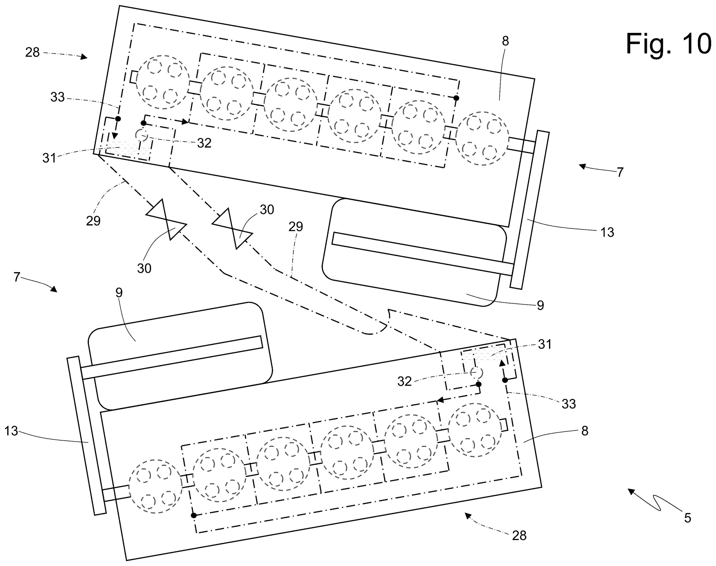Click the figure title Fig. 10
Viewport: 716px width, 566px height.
(x=668, y=44)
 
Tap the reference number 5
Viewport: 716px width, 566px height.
(x=688, y=518)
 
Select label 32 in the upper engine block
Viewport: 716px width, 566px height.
(x=204, y=143)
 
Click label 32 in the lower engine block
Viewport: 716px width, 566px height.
(x=404, y=382)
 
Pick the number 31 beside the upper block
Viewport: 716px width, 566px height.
(x=49, y=158)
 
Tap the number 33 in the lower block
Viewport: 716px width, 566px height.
(x=569, y=404)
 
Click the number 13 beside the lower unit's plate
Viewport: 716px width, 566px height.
(x=11, y=431)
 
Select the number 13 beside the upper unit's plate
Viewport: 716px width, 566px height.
(x=607, y=232)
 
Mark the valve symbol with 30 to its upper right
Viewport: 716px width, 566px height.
(x=233, y=229)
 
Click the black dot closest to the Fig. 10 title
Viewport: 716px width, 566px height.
(x=456, y=98)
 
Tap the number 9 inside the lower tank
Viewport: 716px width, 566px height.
(x=119, y=293)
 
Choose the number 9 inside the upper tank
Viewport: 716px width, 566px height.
(x=540, y=305)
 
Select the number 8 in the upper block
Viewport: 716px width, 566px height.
(x=505, y=41)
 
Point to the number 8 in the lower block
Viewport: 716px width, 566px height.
(x=585, y=431)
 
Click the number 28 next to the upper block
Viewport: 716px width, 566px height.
(x=32, y=52)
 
